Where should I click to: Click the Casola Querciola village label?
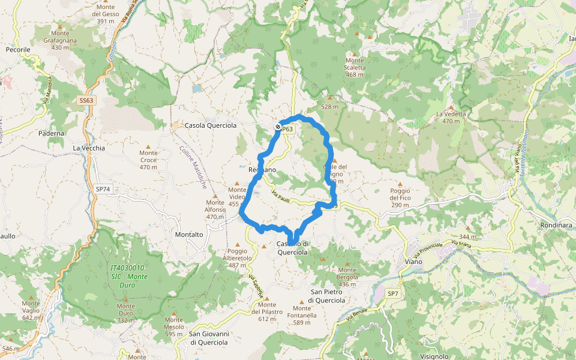(211, 125)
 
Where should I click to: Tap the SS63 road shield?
(86, 100)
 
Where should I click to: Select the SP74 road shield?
(103, 188)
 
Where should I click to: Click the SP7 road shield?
(393, 293)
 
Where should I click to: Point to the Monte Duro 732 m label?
(125, 313)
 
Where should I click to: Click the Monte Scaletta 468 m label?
(355, 67)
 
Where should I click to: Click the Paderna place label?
(52, 133)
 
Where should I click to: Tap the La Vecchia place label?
(89, 148)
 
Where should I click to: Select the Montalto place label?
(190, 235)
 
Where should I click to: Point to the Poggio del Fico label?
(400, 198)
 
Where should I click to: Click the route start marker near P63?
(278, 127)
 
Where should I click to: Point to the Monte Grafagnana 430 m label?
(59, 40)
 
